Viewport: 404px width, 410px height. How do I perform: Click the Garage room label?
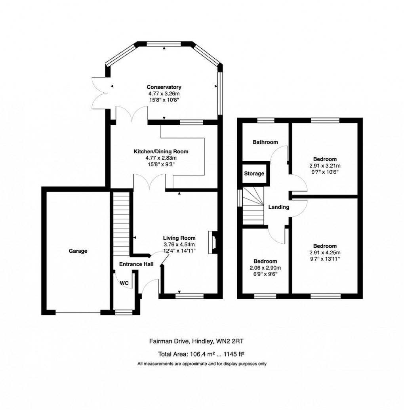point(78,251)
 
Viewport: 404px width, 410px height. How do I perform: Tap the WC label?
point(124,283)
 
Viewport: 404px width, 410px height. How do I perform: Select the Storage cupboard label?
point(253,174)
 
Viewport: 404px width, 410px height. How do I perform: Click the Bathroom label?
point(265,142)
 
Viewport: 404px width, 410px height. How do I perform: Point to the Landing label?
point(279,207)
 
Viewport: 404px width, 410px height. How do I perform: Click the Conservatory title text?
point(164,87)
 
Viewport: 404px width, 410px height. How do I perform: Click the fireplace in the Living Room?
point(213,242)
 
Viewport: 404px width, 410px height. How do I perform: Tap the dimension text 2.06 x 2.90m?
point(265,268)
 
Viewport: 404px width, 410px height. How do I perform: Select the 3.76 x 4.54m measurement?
point(179,244)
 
